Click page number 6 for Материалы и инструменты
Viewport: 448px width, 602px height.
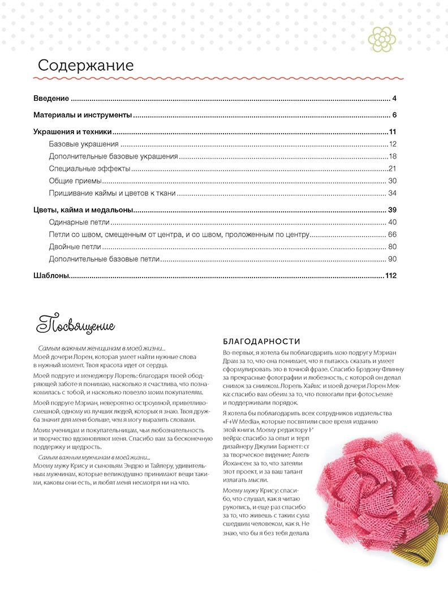coord(394,116)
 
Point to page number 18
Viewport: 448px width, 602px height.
coord(393,156)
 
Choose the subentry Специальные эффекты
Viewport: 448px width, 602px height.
coord(89,169)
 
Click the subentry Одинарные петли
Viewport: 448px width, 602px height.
coord(79,222)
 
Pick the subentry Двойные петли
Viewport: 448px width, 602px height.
coord(75,247)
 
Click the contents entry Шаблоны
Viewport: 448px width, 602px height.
coord(50,276)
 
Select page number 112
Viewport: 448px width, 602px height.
coord(391,276)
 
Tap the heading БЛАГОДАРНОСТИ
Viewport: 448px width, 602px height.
coord(261,341)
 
